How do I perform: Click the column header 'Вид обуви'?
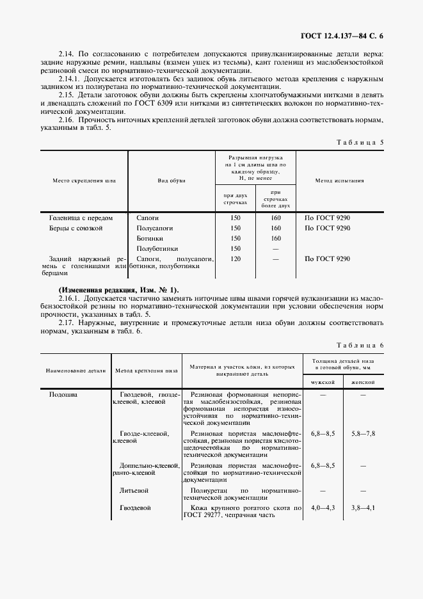pos(172,181)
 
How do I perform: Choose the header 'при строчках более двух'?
pos(276,199)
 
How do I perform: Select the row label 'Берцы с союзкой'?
pos(76,228)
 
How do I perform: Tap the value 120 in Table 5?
pos(235,259)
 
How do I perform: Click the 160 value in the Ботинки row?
pos(276,238)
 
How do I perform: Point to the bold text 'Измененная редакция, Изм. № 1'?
pos(119,290)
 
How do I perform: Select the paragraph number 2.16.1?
pos(68,298)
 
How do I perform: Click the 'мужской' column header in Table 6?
pos(323,381)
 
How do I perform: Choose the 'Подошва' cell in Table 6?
pos(63,395)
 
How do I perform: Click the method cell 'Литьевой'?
pos(134,490)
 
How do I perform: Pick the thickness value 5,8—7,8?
pos(363,434)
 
